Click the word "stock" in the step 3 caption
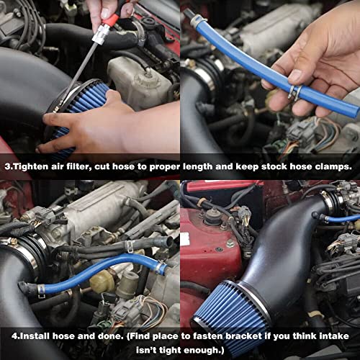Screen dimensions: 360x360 pos(270,166)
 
